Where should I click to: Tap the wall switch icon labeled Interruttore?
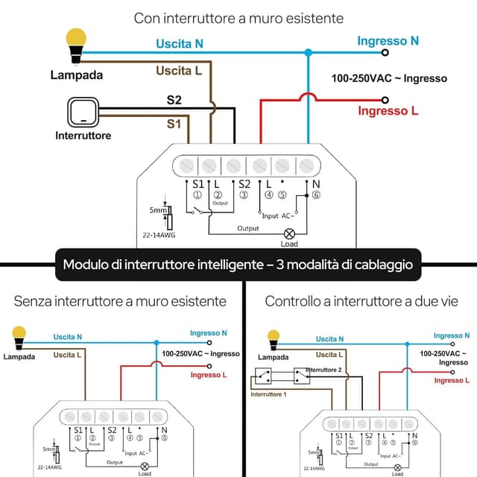click(x=83, y=113)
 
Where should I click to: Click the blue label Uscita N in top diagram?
click(x=179, y=44)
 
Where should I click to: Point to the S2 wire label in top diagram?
click(x=174, y=99)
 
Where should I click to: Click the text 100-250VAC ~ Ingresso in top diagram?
click(x=389, y=78)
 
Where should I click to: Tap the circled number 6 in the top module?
click(x=315, y=195)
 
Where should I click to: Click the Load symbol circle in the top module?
click(x=289, y=233)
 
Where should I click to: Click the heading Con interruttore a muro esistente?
click(x=238, y=17)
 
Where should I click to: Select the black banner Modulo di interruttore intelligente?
click(x=238, y=264)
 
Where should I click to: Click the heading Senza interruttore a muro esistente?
click(x=120, y=301)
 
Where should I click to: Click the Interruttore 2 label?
click(x=323, y=370)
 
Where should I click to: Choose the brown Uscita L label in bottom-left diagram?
click(x=68, y=355)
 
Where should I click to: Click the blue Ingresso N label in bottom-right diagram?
click(x=451, y=336)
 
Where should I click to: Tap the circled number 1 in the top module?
click(x=198, y=195)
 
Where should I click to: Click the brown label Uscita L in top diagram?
click(x=179, y=71)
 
